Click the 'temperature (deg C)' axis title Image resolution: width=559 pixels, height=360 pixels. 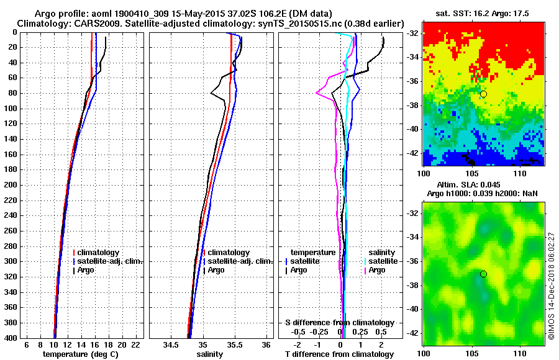pyautogui.click(x=80, y=354)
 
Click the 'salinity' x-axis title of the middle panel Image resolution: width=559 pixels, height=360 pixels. pyautogui.click(x=210, y=354)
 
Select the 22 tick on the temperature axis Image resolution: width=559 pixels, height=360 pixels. pyautogui.click(x=135, y=344)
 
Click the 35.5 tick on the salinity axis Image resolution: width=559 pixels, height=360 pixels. pyautogui.click(x=234, y=344)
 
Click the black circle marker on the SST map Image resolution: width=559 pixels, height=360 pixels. pyautogui.click(x=483, y=94)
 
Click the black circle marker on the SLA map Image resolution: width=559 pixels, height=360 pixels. pyautogui.click(x=483, y=274)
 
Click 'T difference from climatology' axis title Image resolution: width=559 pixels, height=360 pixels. pyautogui.click(x=339, y=354)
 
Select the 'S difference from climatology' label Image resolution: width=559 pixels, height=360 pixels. pyautogui.click(x=339, y=323)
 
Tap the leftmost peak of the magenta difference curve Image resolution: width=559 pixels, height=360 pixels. pyautogui.click(x=317, y=93)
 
